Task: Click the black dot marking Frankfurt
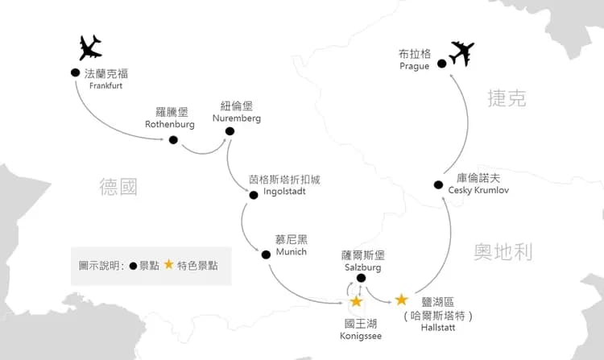tap(76, 72)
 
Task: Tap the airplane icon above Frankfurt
tap(90, 48)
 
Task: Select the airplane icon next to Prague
tap(461, 53)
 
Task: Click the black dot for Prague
tap(442, 64)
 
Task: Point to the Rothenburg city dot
tap(173, 140)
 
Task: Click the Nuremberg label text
tap(237, 118)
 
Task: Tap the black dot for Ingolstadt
tap(254, 195)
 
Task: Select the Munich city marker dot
tap(266, 254)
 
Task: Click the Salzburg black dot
tap(361, 278)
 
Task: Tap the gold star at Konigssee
tap(356, 301)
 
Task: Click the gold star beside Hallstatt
tap(401, 299)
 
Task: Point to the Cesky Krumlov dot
tap(438, 184)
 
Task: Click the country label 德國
tap(118, 187)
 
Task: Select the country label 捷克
tap(507, 97)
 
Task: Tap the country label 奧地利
tap(503, 252)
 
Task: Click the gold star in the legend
tap(169, 264)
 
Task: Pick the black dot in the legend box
tap(133, 266)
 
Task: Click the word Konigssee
tap(361, 336)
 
